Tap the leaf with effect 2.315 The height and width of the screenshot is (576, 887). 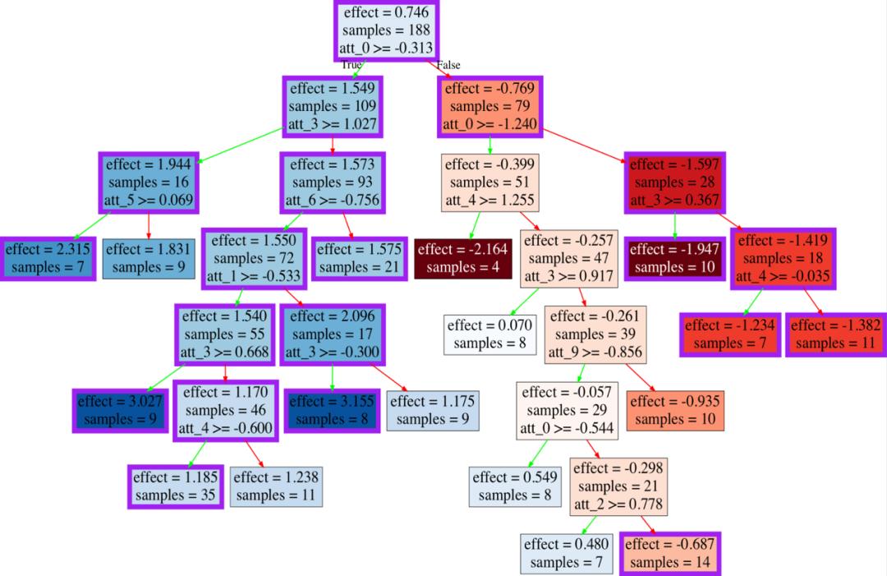pyautogui.click(x=48, y=258)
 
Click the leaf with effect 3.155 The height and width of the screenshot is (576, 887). pyautogui.click(x=333, y=410)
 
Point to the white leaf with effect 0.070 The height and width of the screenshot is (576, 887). pyautogui.click(x=489, y=334)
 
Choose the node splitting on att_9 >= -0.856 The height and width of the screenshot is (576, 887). pyautogui.click(x=596, y=334)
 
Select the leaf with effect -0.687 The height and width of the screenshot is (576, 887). pyautogui.click(x=672, y=553)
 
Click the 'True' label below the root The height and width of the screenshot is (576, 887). pyautogui.click(x=352, y=64)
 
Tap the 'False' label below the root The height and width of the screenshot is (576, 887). pyautogui.click(x=448, y=64)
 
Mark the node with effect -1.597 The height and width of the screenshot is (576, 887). pyautogui.click(x=675, y=182)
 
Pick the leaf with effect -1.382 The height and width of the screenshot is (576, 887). pyautogui.click(x=835, y=334)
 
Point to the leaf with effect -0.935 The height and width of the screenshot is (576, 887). pyautogui.click(x=675, y=410)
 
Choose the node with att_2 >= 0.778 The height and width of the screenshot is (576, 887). pyautogui.click(x=618, y=486)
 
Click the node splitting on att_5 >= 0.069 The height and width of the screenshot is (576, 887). pyautogui.click(x=149, y=182)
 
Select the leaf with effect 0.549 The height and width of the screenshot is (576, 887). pyautogui.click(x=515, y=486)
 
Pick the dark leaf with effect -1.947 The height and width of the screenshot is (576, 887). pyautogui.click(x=675, y=258)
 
